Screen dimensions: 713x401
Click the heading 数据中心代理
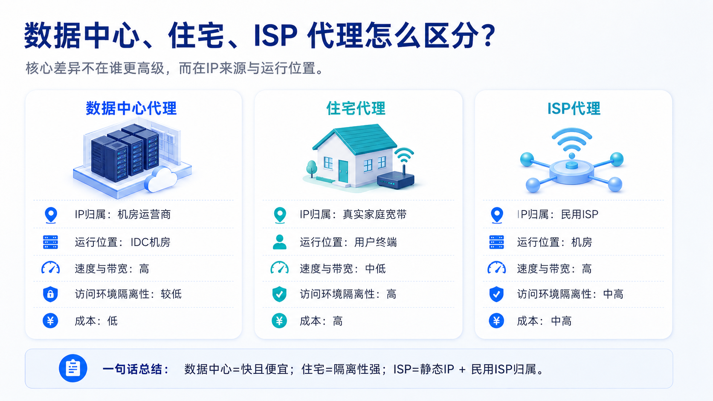131,108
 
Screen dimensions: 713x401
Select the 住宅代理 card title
356,108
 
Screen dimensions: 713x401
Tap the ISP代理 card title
574,108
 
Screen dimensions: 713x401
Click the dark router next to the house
396,177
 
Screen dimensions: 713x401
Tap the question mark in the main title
487,36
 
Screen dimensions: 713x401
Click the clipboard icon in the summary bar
73,368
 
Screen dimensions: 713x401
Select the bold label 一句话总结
135,369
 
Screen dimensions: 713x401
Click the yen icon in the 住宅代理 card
279,320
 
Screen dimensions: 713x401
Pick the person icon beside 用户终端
279,242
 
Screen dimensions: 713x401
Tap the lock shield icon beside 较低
50,294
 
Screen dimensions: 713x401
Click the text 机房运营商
144,214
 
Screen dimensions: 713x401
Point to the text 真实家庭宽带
375,214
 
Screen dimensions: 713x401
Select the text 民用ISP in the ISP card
580,214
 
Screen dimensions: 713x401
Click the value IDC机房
151,242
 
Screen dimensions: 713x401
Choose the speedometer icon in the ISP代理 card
496,268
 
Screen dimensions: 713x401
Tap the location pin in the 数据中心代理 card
51,215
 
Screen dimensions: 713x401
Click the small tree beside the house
312,169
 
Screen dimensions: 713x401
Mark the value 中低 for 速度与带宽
376,269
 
